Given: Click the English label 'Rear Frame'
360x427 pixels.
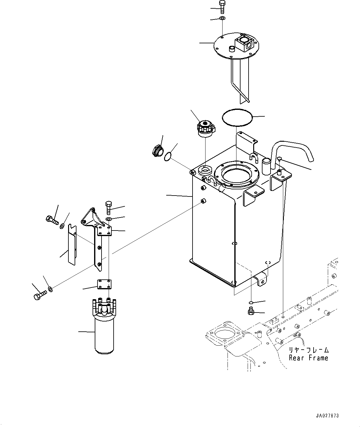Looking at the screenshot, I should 308,358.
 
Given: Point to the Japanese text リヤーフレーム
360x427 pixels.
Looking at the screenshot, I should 309,350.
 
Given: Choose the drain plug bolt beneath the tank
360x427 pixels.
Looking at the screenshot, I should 251,312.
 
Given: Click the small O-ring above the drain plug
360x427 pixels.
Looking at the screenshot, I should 251,302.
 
